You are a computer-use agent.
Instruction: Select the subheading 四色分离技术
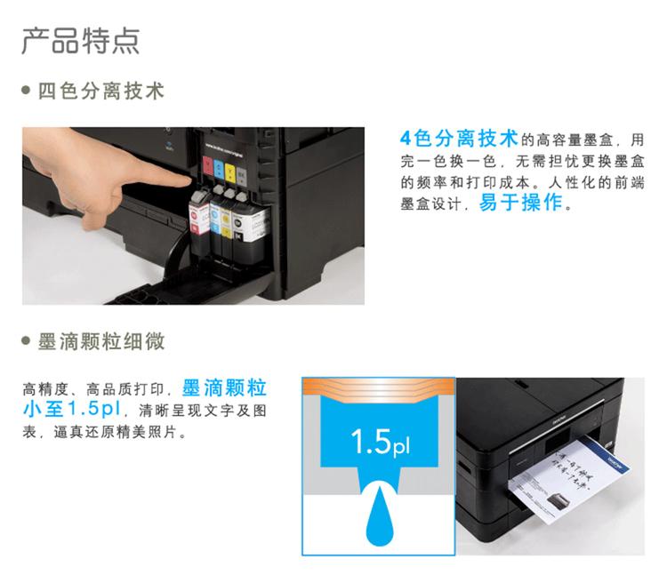click(100, 92)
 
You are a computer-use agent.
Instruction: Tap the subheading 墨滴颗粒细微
click(100, 341)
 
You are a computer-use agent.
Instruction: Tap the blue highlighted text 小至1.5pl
click(79, 410)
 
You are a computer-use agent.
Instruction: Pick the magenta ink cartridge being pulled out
click(200, 217)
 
